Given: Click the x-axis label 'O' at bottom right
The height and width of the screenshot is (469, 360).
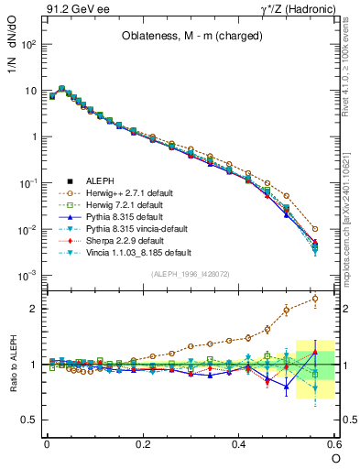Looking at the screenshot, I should click(x=335, y=458).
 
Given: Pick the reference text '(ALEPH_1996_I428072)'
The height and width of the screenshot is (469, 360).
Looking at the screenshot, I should click(x=190, y=273).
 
